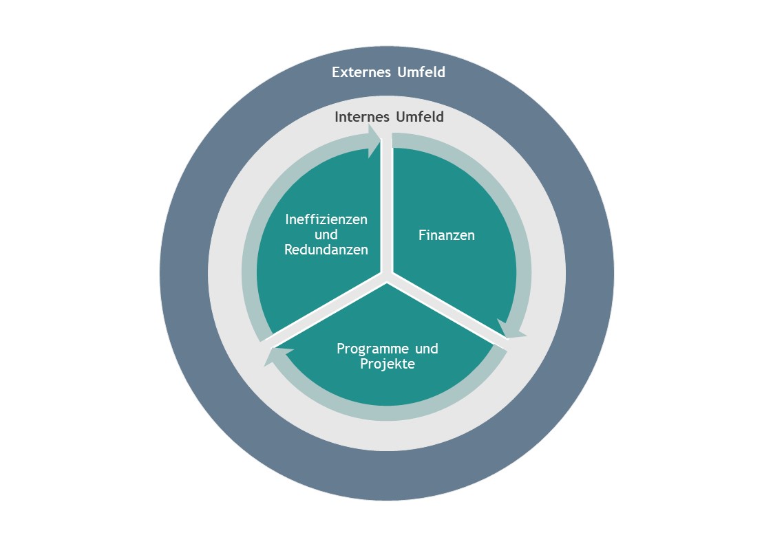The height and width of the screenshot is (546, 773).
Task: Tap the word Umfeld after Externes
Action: tap(421, 72)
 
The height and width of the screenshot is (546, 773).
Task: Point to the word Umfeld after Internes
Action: tap(420, 117)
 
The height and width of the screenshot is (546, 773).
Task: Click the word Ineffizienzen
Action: tap(326, 219)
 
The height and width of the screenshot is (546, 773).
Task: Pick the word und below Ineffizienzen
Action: tap(326, 235)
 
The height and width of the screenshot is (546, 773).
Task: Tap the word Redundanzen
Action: tap(326, 250)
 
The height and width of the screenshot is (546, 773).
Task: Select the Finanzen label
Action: tap(447, 235)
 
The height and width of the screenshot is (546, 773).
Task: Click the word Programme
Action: tap(373, 349)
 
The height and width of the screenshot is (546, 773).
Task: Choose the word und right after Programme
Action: tap(427, 349)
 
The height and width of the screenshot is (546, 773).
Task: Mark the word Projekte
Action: tap(388, 364)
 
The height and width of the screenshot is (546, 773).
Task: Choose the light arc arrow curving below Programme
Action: tap(387, 413)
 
